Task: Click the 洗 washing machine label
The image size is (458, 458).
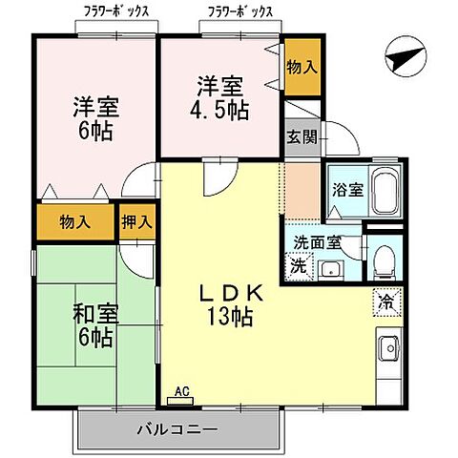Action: point(298,266)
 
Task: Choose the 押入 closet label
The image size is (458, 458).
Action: point(135,222)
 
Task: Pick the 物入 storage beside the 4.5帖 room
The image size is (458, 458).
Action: point(302,67)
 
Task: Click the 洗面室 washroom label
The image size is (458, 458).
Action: point(317,242)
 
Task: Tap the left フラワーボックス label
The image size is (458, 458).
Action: point(110,11)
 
